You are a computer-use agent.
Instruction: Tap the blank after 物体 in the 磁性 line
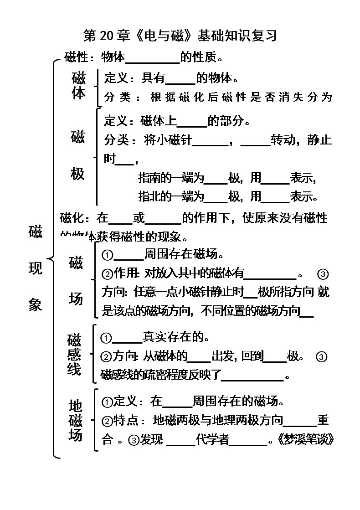(x=152, y=58)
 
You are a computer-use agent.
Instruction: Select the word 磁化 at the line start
(x=72, y=218)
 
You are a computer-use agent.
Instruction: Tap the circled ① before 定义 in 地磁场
(x=107, y=402)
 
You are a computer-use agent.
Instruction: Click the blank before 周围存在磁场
(x=128, y=254)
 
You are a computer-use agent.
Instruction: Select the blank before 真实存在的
(x=127, y=338)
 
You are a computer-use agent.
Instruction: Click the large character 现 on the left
(x=35, y=268)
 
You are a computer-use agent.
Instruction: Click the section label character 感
(x=74, y=354)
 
